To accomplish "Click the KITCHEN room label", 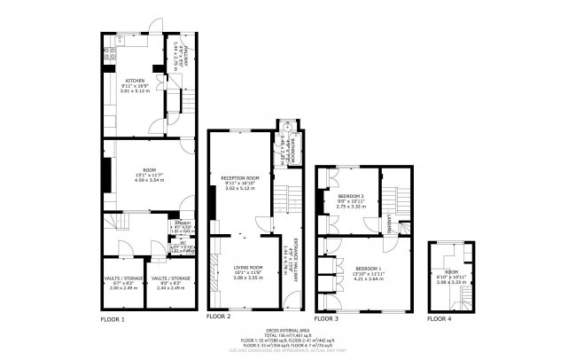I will [135, 80].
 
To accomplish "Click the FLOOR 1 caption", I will [112, 317].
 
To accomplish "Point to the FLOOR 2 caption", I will [218, 317].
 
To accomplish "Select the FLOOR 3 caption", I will [327, 317].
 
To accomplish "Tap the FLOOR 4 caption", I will [439, 317].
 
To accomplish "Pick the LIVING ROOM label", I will [248, 267].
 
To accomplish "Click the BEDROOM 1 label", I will [370, 268].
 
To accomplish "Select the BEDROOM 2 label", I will [351, 195].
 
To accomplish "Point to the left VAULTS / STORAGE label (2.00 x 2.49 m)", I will [123, 278].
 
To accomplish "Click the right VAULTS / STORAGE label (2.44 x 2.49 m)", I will [167, 278].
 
